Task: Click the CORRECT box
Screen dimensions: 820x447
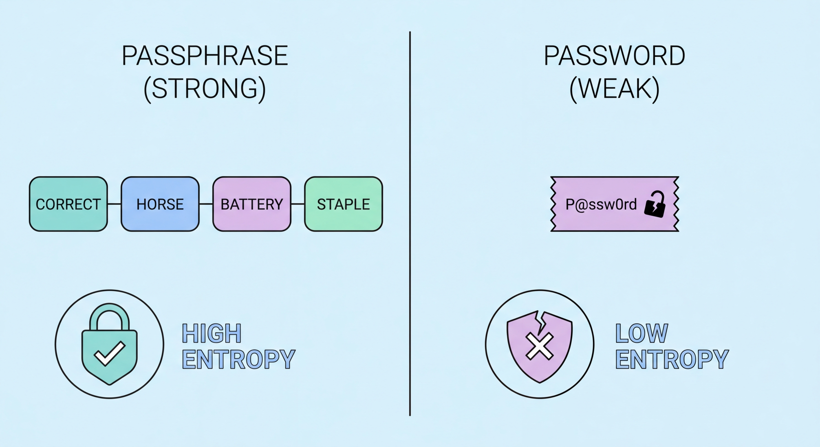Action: (68, 204)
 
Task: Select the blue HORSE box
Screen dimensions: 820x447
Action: (160, 204)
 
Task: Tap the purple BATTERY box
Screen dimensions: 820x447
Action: (252, 204)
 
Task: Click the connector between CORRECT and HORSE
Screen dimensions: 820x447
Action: (114, 204)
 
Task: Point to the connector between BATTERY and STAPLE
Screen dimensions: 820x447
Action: (298, 204)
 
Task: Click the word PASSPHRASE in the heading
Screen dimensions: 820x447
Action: (205, 56)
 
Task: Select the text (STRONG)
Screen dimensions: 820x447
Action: (205, 89)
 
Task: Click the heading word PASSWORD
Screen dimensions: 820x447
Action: (614, 56)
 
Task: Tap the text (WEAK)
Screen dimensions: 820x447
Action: (614, 89)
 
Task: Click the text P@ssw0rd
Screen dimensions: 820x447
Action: (601, 204)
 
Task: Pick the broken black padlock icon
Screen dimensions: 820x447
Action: (655, 205)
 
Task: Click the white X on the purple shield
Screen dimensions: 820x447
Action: (539, 346)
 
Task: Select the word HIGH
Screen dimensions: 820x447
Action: (211, 334)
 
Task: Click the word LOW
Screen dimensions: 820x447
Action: (641, 334)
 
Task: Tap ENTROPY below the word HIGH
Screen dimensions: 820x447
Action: (238, 359)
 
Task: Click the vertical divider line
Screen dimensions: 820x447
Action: (410, 223)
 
